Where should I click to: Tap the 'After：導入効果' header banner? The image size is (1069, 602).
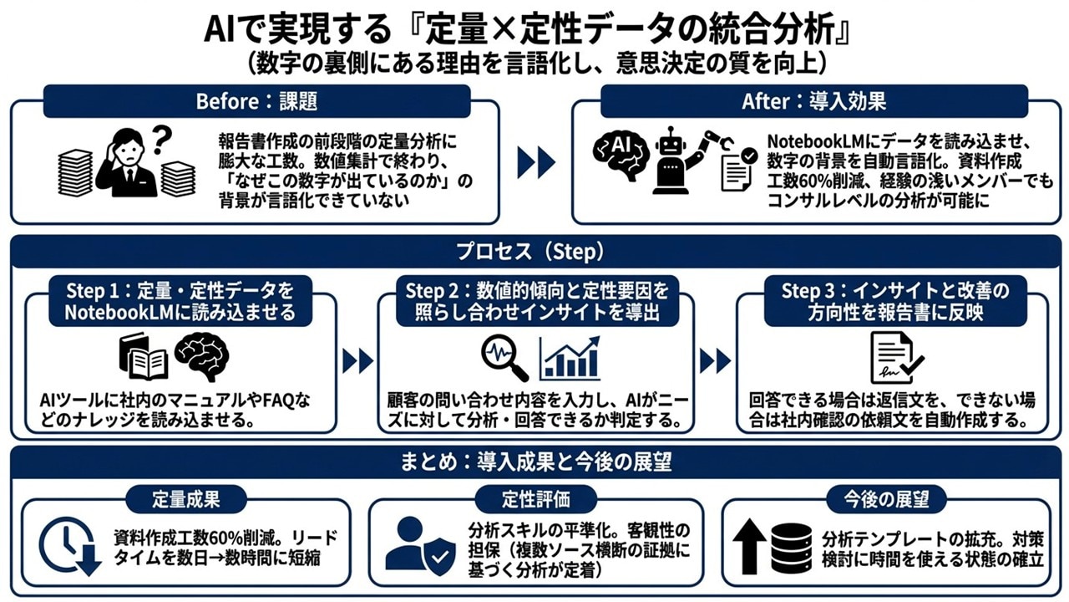click(x=813, y=101)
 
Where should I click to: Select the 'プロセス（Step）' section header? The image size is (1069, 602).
click(x=534, y=251)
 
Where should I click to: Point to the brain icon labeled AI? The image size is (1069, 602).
click(x=621, y=150)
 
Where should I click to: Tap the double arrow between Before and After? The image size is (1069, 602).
click(x=535, y=162)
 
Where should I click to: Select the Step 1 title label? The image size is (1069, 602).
click(x=180, y=301)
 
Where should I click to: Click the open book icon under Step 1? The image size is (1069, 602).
click(x=144, y=358)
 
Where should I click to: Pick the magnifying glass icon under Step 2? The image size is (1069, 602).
click(x=504, y=358)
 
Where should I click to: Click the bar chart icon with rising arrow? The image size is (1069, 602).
click(x=570, y=358)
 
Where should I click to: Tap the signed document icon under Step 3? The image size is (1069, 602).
click(x=896, y=358)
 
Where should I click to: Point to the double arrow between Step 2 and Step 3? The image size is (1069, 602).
click(x=715, y=361)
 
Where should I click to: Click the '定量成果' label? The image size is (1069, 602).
click(x=185, y=499)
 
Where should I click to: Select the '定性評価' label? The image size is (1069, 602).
click(x=535, y=499)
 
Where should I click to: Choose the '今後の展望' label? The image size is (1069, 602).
click(x=888, y=499)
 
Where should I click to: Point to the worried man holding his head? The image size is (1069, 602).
click(x=125, y=167)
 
